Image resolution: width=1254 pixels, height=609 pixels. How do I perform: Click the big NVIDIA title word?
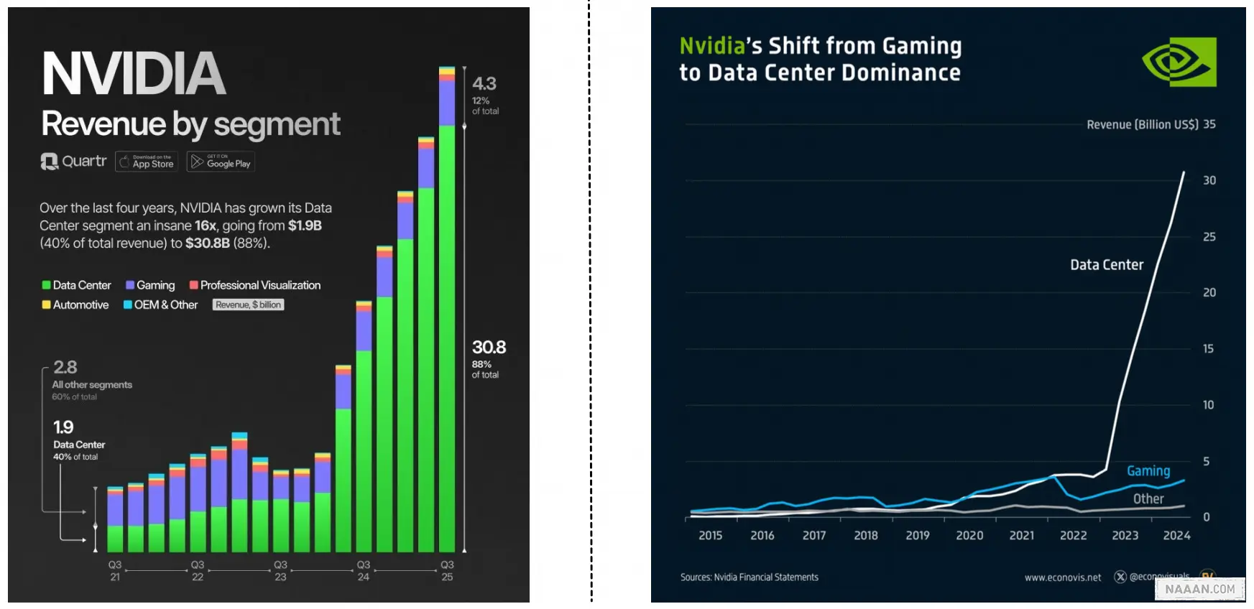(134, 73)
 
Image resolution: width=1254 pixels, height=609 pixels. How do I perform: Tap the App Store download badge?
(147, 162)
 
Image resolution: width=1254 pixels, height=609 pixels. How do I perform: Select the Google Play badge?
(221, 162)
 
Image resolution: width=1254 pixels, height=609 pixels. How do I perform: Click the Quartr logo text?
(74, 162)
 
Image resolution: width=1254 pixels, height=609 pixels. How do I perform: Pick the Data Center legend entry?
(76, 285)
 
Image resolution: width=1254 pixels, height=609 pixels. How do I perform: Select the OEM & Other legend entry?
(160, 304)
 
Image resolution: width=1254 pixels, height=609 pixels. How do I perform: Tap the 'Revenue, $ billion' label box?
(248, 304)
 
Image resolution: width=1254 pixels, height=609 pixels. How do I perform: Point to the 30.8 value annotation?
(489, 348)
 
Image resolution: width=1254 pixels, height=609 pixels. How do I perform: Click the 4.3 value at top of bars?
(484, 84)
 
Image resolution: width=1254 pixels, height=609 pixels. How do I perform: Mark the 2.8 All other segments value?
(65, 367)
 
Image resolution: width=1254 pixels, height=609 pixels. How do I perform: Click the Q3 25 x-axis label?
(447, 570)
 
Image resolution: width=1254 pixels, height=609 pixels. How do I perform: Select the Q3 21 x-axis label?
(115, 570)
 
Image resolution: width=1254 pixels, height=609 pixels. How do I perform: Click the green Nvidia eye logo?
(1179, 62)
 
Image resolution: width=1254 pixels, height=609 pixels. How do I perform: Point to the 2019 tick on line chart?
(918, 536)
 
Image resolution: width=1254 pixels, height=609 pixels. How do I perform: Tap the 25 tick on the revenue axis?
(1209, 237)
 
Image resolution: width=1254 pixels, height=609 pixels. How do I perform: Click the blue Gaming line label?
(1148, 471)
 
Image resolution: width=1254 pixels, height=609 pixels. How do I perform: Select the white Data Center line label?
(1107, 265)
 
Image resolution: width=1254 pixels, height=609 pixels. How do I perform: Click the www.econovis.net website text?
(1063, 577)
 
